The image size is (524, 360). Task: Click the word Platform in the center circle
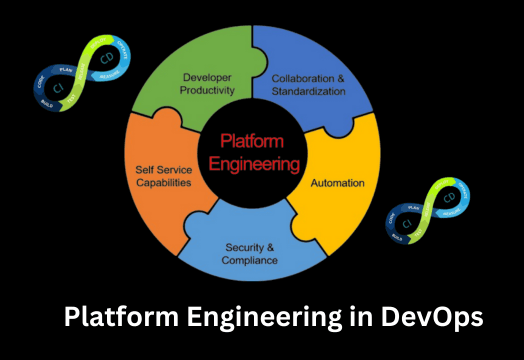click(x=252, y=143)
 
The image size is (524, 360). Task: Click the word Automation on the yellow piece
click(x=338, y=184)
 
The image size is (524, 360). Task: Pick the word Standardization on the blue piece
click(x=308, y=91)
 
